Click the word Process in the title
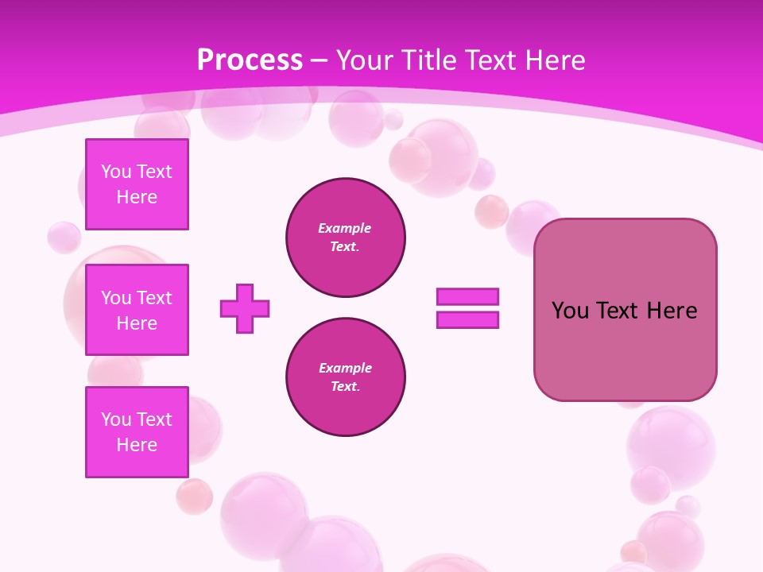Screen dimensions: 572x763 tap(250, 60)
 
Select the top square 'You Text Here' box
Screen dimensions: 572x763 tap(137, 184)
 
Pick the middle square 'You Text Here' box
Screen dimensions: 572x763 tap(137, 310)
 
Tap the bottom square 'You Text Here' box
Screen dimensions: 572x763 tap(137, 432)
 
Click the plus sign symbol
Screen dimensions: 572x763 tap(245, 308)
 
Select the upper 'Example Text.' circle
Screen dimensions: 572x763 tap(346, 238)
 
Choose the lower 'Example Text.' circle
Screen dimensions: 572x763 tap(346, 377)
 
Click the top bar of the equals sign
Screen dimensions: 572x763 tap(467, 296)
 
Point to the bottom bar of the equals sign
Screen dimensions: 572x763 tap(467, 320)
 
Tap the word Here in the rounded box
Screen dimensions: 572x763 tap(672, 311)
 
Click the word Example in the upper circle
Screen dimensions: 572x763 tap(345, 228)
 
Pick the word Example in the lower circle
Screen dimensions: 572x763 tap(345, 368)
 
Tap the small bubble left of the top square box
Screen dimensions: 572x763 tap(64, 237)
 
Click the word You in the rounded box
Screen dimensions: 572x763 tap(570, 311)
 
